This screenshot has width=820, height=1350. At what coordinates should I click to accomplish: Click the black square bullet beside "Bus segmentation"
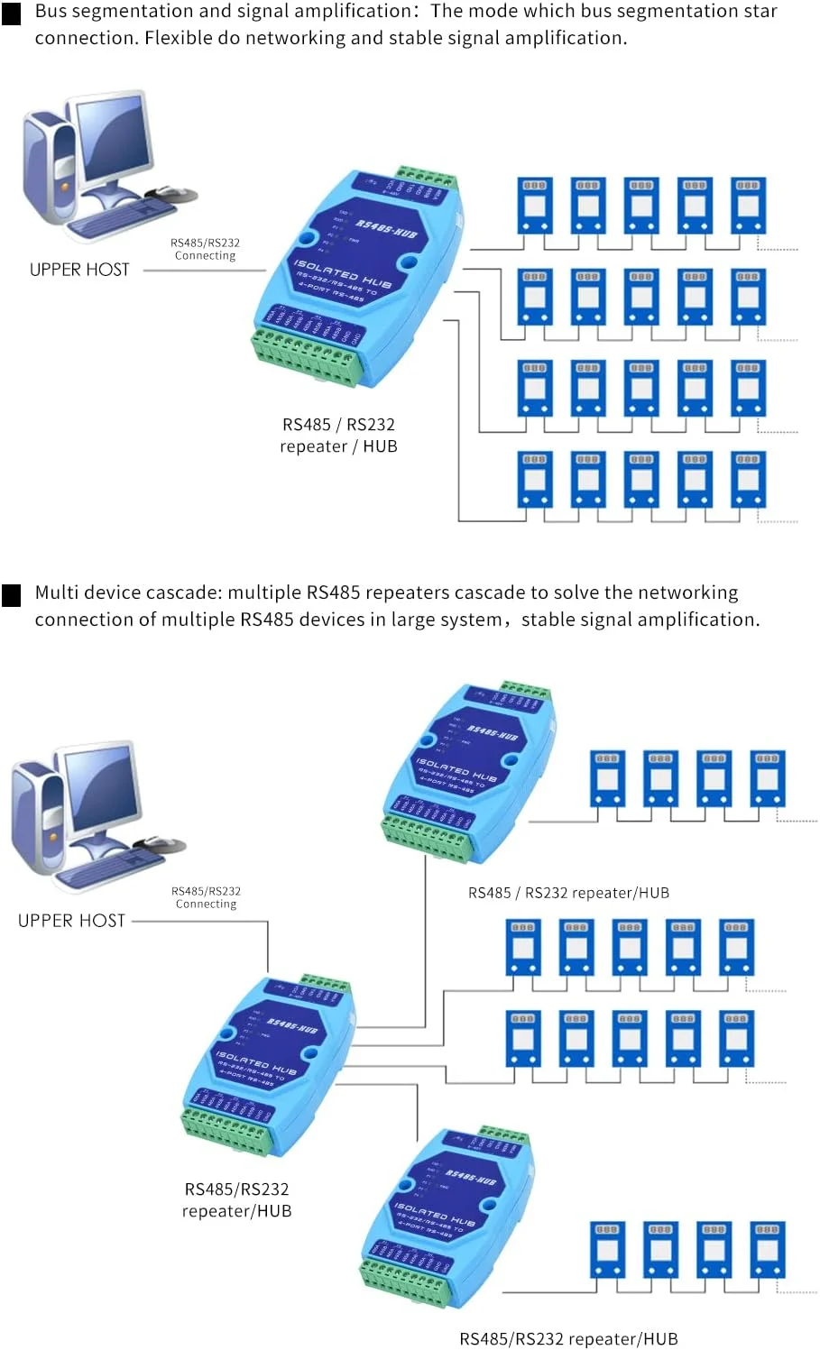coord(12,14)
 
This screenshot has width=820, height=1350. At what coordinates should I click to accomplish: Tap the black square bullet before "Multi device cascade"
coord(12,595)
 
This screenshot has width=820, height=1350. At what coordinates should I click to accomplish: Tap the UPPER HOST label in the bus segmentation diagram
coord(79,270)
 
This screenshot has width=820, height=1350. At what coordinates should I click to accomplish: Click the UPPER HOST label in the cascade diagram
coord(71,921)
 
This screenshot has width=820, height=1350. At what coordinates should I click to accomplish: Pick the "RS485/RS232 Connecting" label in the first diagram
coord(205,249)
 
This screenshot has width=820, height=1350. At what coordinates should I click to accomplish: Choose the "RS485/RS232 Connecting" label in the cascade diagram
coord(206,897)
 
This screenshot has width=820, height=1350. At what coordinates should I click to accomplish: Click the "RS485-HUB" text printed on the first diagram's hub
coord(385,227)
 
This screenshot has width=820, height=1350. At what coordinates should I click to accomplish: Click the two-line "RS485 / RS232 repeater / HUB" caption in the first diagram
coord(338,435)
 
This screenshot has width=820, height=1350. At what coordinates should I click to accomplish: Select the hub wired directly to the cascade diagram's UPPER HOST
coord(267,1064)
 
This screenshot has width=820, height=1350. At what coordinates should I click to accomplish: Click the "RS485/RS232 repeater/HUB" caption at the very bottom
coord(568,1338)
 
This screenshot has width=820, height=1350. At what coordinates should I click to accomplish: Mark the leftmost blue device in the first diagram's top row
coord(534,206)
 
